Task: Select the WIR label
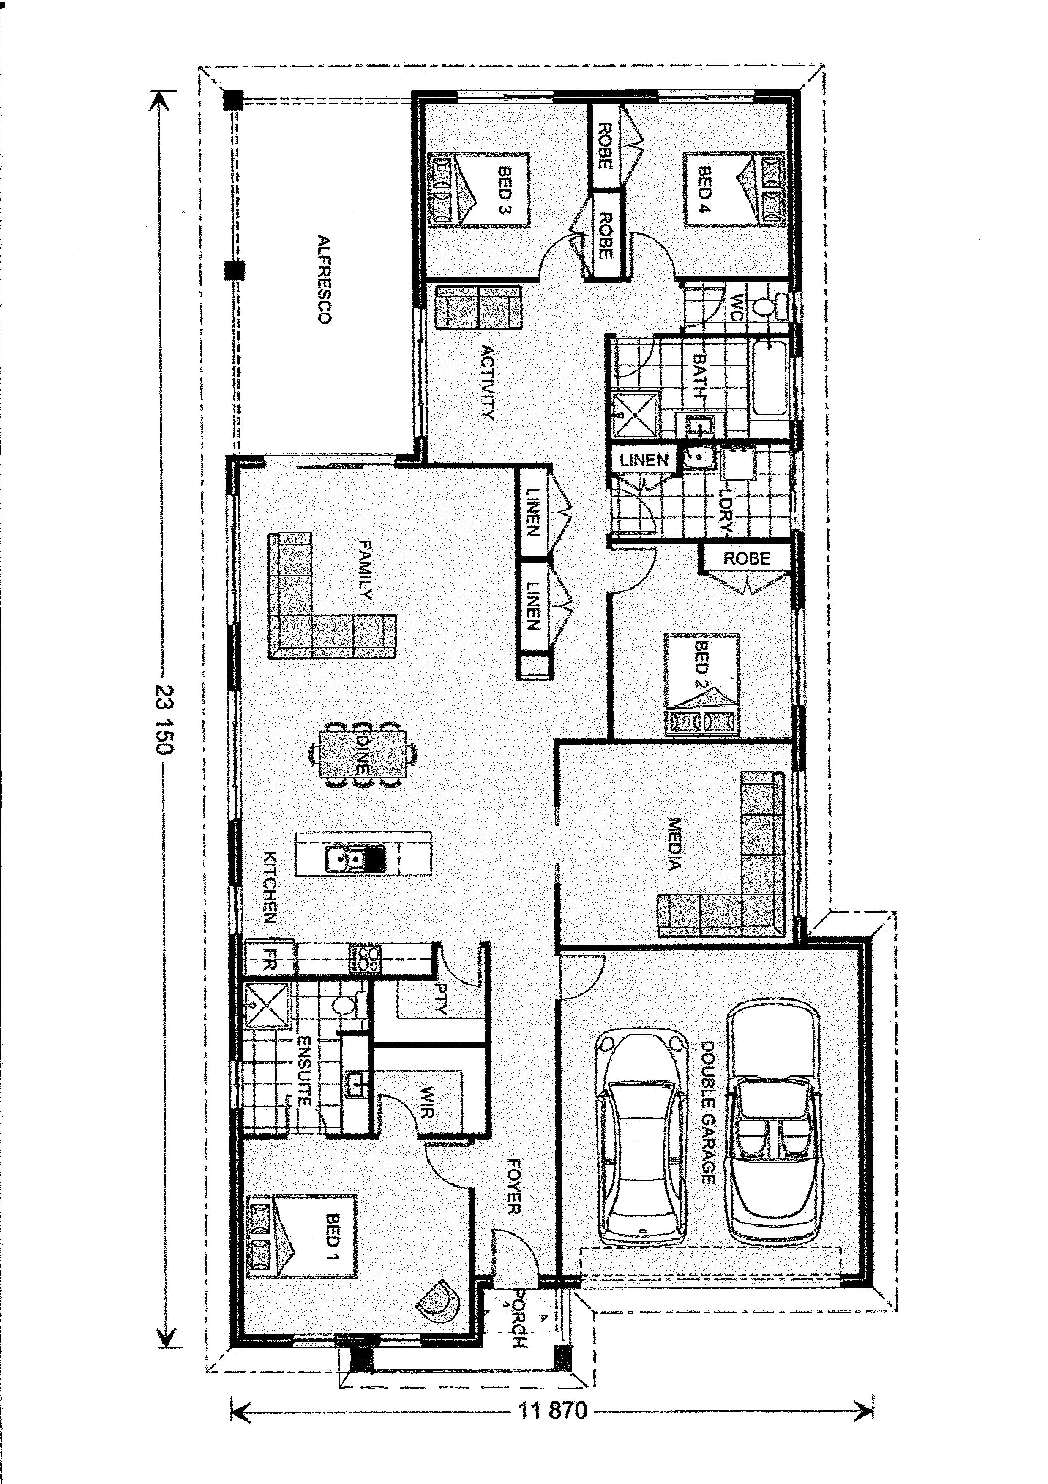tap(427, 1102)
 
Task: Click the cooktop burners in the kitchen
tap(365, 959)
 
